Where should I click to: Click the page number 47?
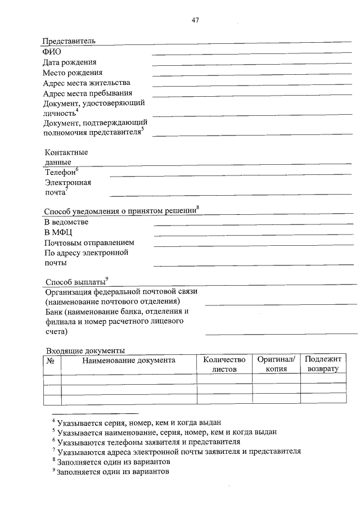point(195,20)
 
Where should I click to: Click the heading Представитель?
point(69,41)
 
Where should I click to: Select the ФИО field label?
point(51,52)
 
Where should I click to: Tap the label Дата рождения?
point(69,62)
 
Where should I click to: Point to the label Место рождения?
point(72,73)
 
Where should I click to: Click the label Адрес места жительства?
point(86,83)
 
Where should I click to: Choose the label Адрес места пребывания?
point(87,93)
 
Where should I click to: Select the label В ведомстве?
point(66,222)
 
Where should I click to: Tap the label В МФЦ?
point(58,232)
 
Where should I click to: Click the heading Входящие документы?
point(85,350)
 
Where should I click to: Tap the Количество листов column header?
point(224,364)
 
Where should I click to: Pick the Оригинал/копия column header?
point(276,364)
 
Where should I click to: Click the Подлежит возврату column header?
point(323,364)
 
